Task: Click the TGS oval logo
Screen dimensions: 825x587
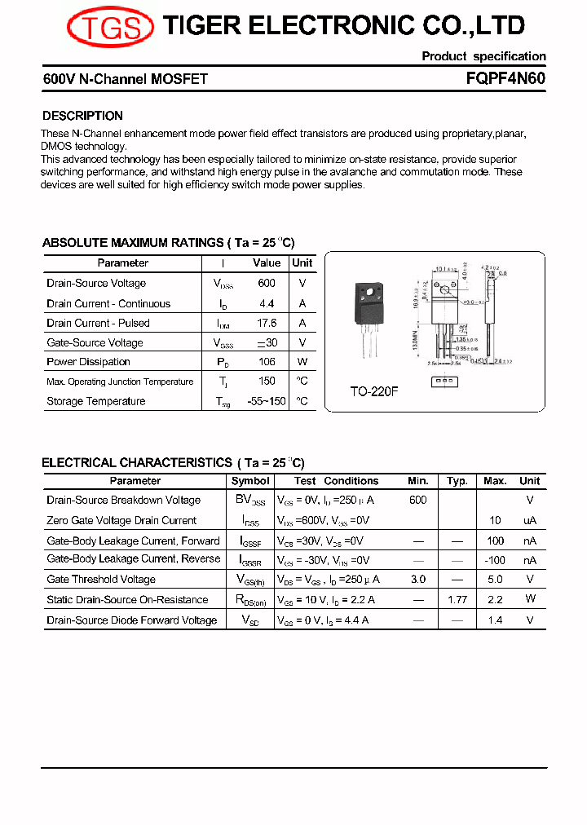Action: [x=110, y=27]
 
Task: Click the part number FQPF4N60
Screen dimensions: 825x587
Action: [x=505, y=79]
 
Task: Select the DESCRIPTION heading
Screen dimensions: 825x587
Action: [x=82, y=116]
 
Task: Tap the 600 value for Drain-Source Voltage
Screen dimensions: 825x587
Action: [x=267, y=284]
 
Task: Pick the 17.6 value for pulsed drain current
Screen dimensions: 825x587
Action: [x=267, y=323]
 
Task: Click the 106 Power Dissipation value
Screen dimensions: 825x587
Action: [x=267, y=362]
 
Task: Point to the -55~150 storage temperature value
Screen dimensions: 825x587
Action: [x=267, y=401]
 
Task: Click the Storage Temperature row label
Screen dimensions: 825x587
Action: [x=96, y=401]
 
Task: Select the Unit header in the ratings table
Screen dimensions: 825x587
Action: [x=302, y=263]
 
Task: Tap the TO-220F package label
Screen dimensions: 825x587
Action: [x=374, y=391]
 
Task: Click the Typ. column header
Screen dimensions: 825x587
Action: [x=457, y=481]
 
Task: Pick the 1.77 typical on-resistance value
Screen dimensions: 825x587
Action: [x=457, y=600]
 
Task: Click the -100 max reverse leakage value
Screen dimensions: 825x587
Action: [x=495, y=560]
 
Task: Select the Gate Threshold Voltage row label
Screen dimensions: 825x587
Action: [x=101, y=580]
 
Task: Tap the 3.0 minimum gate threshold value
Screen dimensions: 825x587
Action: [x=418, y=580]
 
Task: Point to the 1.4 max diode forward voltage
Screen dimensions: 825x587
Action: [x=495, y=620]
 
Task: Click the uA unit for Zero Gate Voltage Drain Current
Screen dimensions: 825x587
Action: [x=530, y=521]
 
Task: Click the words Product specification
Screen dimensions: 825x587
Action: [x=483, y=56]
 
